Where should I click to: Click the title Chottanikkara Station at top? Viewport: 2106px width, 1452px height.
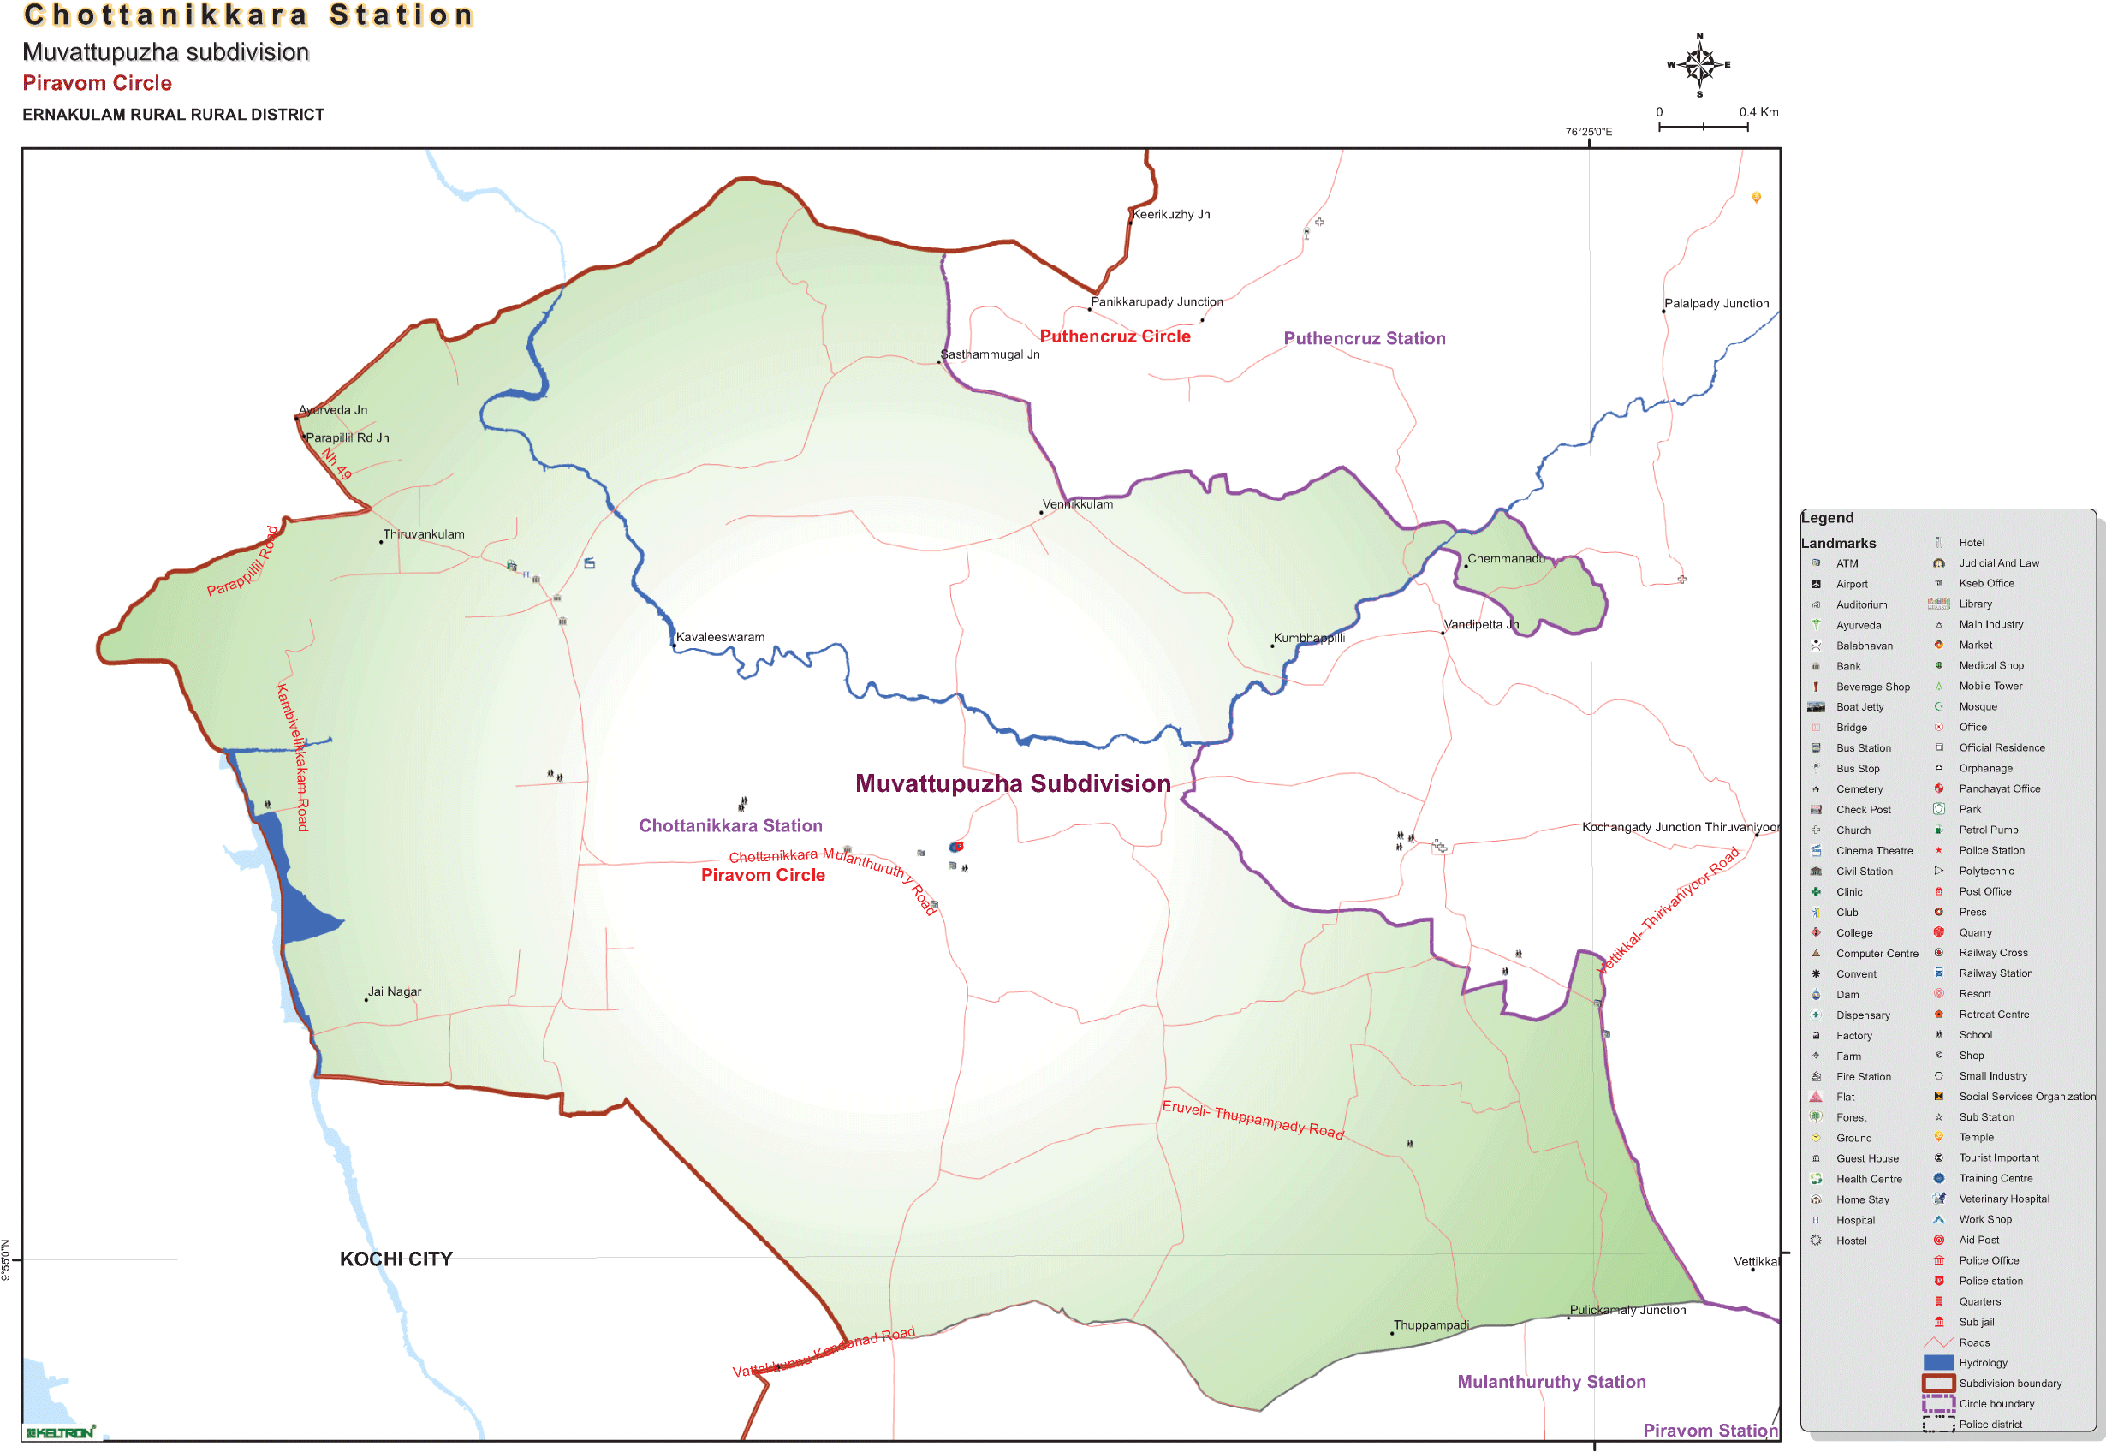tap(248, 15)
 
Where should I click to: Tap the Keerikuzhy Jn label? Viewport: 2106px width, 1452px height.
tap(1171, 215)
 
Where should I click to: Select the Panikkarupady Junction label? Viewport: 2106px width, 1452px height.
tap(1157, 302)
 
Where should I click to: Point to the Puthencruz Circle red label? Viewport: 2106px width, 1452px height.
tap(1115, 336)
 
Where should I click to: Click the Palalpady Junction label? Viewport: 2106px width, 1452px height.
tap(1716, 304)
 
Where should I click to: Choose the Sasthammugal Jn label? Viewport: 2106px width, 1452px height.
tap(990, 354)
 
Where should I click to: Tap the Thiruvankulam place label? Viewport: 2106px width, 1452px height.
tap(423, 534)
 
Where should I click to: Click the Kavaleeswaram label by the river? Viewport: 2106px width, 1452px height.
tap(720, 637)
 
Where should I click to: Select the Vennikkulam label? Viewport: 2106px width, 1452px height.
tap(1077, 504)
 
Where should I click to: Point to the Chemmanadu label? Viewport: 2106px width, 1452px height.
tap(1506, 558)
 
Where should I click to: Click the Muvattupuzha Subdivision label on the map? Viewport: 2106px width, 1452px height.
tap(1013, 783)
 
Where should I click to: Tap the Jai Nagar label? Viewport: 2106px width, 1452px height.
tap(394, 991)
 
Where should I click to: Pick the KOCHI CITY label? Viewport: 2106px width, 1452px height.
tap(396, 1259)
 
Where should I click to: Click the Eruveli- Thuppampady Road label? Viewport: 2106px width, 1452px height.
tap(1252, 1119)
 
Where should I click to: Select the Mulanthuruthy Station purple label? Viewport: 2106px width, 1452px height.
tap(1551, 1382)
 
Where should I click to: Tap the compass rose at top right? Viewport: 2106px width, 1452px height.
tap(1698, 64)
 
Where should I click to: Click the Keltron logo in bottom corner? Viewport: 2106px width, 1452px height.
tap(60, 1433)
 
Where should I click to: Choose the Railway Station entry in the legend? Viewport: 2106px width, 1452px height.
tap(1995, 973)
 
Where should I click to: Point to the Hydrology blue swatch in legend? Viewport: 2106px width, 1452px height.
tap(1938, 1363)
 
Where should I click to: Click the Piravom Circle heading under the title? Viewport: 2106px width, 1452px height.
tap(98, 84)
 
